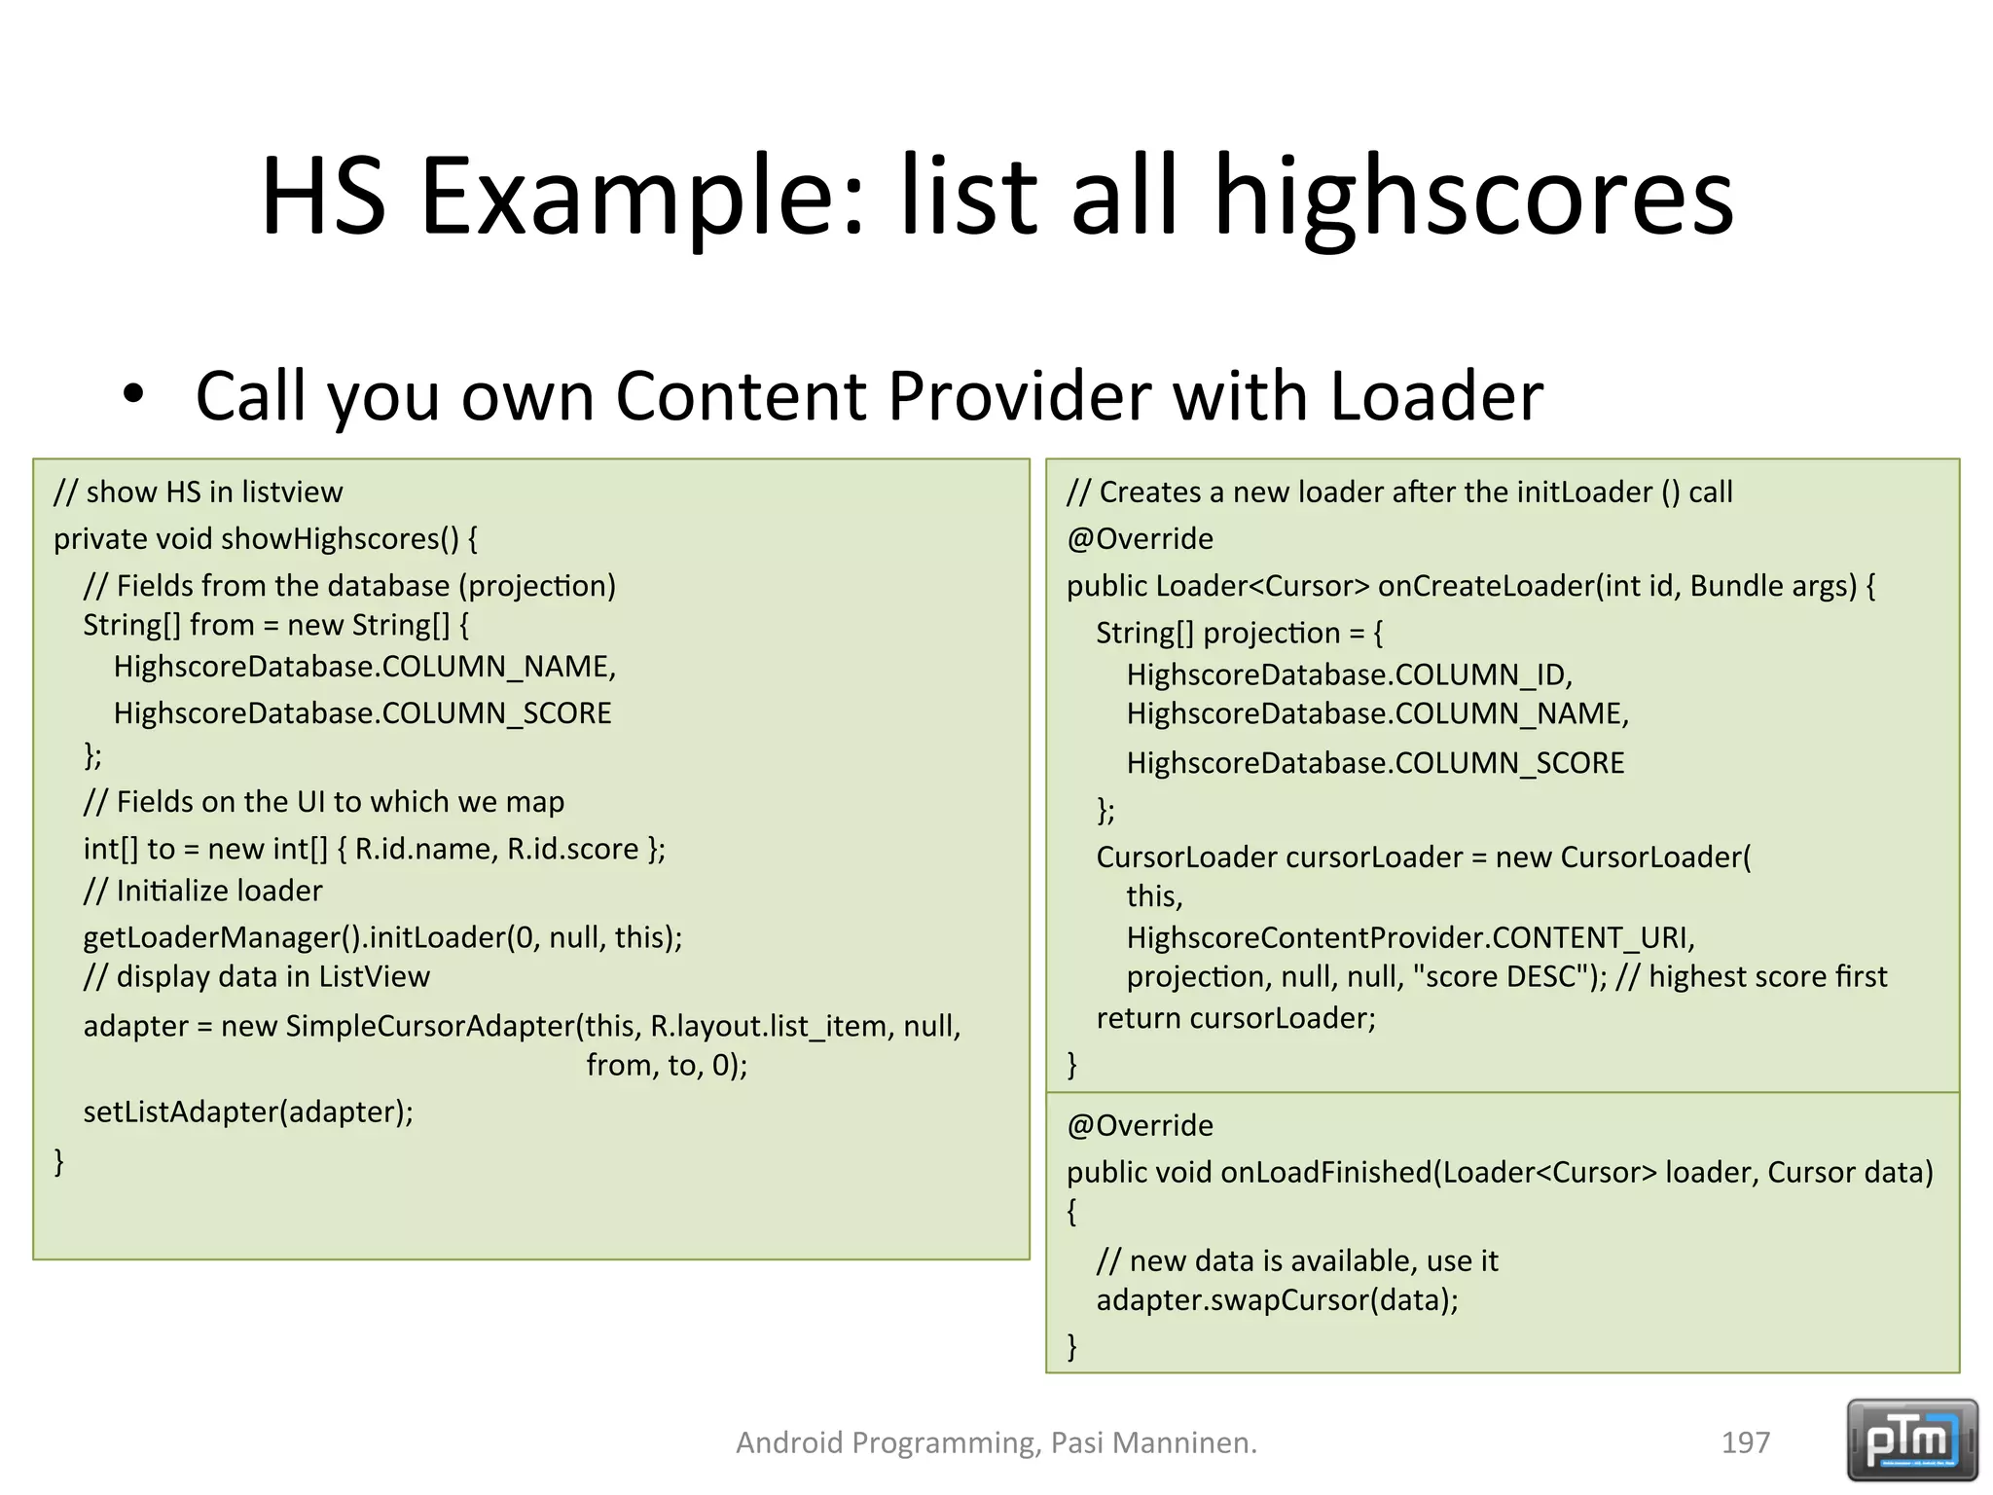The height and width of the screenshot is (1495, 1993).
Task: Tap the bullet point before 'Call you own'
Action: tap(133, 395)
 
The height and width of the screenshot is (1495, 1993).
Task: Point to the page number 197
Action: tap(1745, 1442)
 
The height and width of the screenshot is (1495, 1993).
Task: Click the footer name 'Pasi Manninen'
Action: tap(1153, 1442)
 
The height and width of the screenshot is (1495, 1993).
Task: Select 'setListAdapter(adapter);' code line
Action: tap(248, 1112)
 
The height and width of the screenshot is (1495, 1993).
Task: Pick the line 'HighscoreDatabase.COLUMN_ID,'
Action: tap(1349, 675)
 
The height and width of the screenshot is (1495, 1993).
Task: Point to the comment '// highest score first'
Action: tap(1751, 976)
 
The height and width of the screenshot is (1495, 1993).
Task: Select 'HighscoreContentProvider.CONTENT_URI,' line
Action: tap(1410, 937)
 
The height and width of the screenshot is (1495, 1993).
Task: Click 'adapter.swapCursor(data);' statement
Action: tap(1277, 1300)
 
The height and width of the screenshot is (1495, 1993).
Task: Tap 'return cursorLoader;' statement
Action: tap(1236, 1018)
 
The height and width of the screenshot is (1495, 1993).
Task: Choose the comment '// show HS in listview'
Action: tap(199, 492)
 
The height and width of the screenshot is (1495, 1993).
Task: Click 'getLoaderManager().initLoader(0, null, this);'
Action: tap(382, 937)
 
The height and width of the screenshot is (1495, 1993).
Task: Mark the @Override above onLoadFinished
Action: tap(1140, 1126)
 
